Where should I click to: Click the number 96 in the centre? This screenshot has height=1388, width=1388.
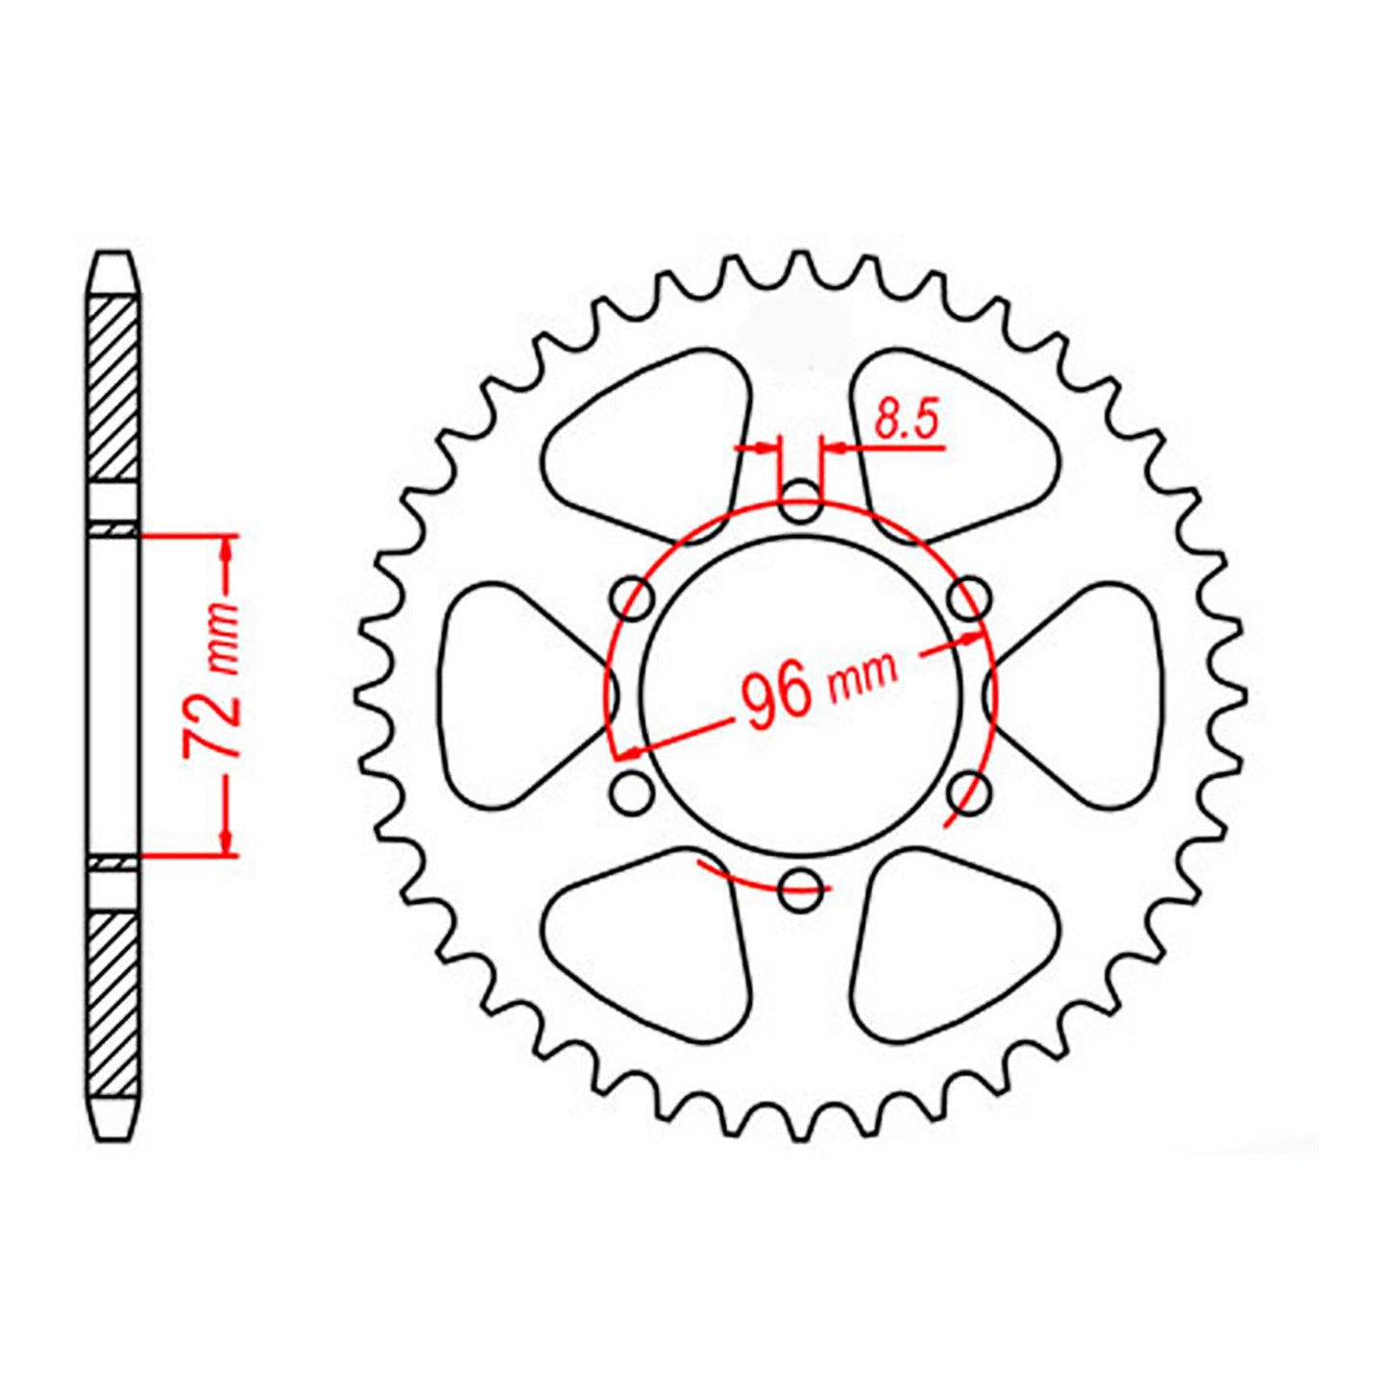[x=775, y=696]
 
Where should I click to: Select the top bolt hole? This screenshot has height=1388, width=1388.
[x=800, y=503]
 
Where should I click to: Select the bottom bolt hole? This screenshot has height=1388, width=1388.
[x=800, y=889]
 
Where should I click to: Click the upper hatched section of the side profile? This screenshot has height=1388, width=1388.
[x=113, y=389]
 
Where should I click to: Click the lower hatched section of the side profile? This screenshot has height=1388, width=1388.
[x=113, y=1004]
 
